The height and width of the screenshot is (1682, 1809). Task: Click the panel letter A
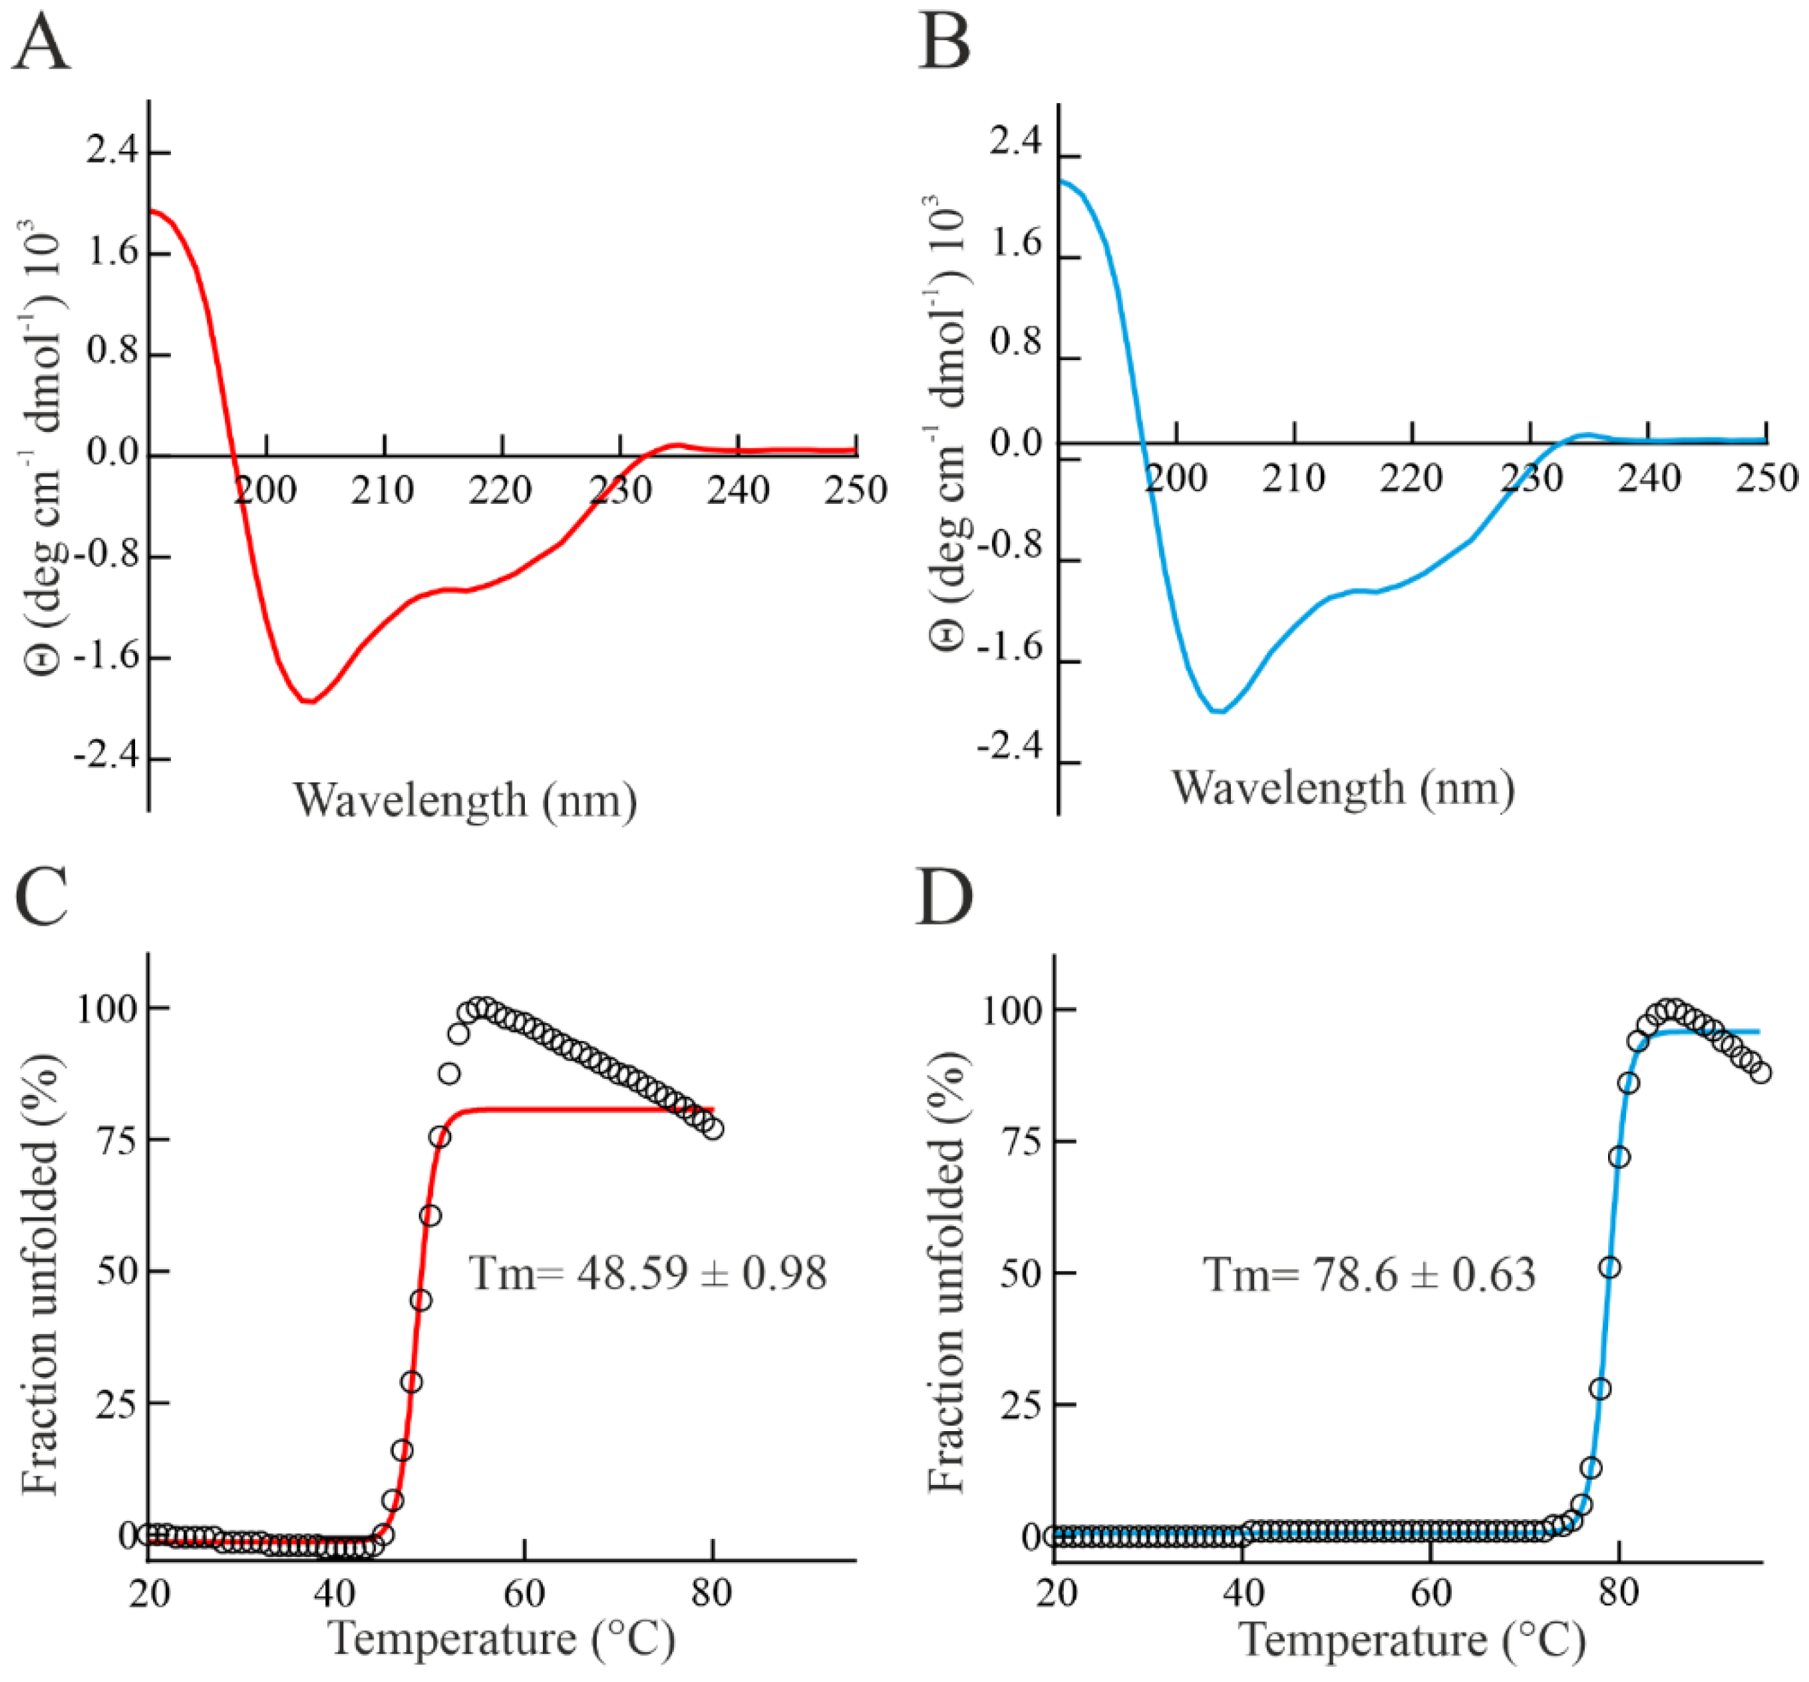41,44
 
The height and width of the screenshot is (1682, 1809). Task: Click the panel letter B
945,44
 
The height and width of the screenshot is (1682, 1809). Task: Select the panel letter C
41,894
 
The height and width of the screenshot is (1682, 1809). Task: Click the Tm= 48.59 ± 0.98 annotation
647,1273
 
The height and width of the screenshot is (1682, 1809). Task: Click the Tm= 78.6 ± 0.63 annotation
1369,1274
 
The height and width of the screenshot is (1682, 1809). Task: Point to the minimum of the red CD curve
309,701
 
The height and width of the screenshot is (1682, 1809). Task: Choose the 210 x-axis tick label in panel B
1293,479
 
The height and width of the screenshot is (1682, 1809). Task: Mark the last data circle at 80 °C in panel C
713,1129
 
